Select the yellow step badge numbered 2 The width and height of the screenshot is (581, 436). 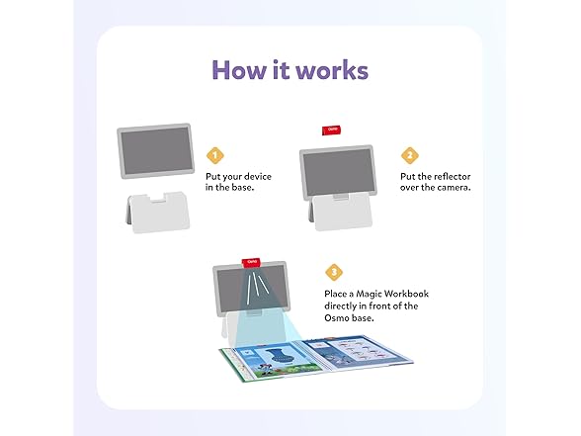(x=408, y=155)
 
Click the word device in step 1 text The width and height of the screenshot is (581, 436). (x=254, y=176)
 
